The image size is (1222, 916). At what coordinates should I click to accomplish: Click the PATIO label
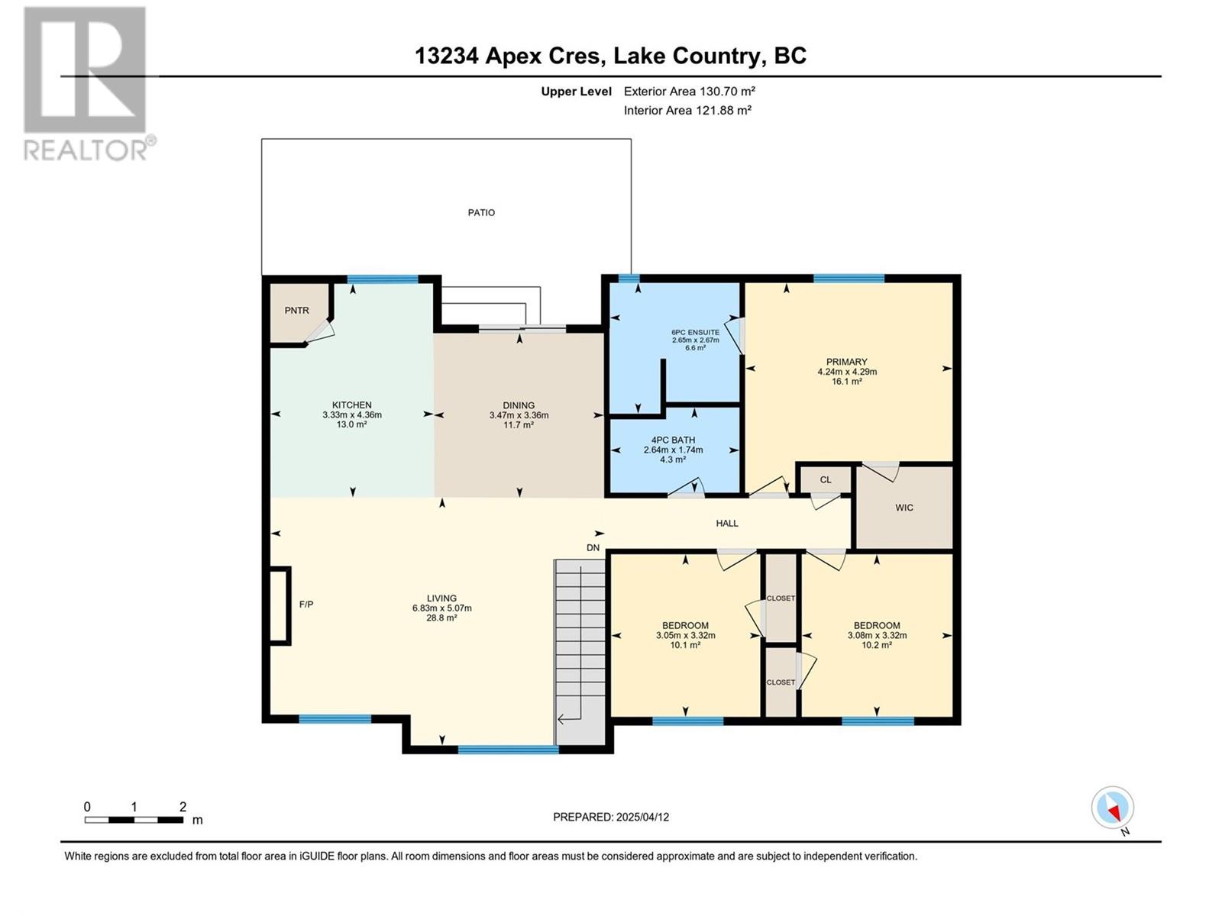[481, 213]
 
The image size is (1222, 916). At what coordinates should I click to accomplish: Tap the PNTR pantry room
[296, 311]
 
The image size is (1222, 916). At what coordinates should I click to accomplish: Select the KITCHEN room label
[351, 405]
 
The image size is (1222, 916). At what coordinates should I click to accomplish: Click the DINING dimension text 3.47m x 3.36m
[519, 415]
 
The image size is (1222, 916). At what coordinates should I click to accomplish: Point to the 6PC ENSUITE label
[695, 333]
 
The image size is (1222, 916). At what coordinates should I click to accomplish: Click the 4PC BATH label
[673, 440]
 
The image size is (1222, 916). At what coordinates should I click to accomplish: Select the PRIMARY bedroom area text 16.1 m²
[846, 381]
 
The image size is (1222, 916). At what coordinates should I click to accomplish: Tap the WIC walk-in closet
[904, 508]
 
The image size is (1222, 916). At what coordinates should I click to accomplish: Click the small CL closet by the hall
[825, 480]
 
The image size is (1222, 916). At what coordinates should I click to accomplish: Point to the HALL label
[727, 524]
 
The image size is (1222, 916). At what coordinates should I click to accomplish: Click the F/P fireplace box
[279, 605]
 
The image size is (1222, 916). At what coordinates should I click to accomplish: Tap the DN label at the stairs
[593, 548]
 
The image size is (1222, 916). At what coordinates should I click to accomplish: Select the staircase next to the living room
[580, 649]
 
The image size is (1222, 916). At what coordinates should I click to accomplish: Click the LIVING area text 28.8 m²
[441, 618]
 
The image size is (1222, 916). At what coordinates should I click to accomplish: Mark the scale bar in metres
[134, 820]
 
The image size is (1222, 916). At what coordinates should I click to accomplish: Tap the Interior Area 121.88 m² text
[687, 110]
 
